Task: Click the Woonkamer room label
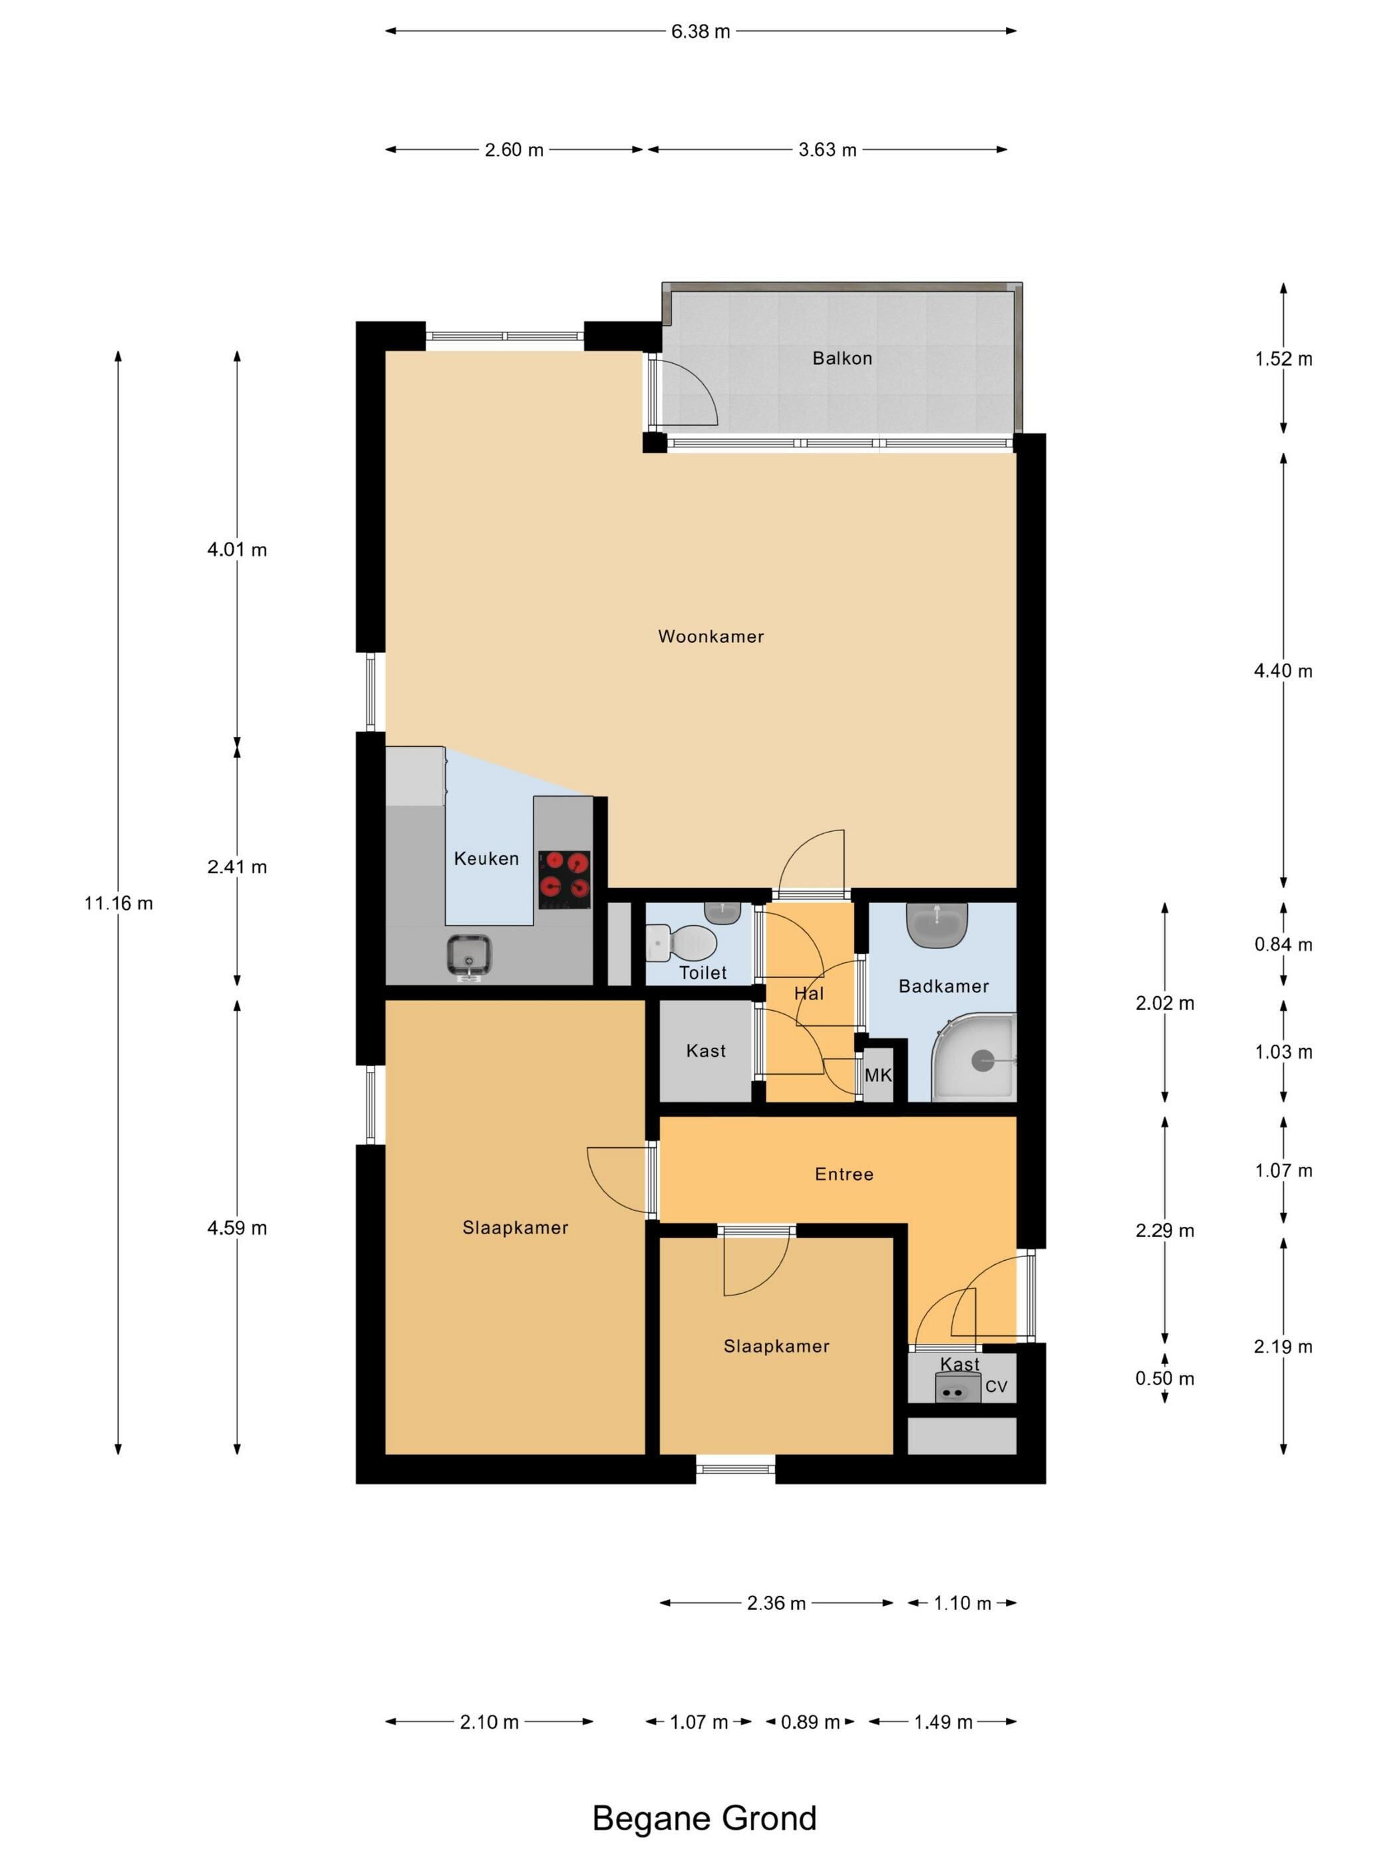pyautogui.click(x=710, y=636)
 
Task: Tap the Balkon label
pyautogui.click(x=842, y=358)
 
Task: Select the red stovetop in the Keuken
pyautogui.click(x=564, y=879)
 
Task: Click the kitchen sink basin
pyautogui.click(x=470, y=957)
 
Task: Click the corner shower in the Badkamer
pyautogui.click(x=975, y=1057)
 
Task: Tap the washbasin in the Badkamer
pyautogui.click(x=937, y=924)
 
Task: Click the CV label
pyautogui.click(x=996, y=1387)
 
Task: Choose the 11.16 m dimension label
pyautogui.click(x=118, y=903)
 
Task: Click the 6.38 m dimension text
pyautogui.click(x=700, y=32)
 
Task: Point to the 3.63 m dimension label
pyautogui.click(x=828, y=150)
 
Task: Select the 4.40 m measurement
pyautogui.click(x=1283, y=671)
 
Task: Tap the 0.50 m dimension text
pyautogui.click(x=1165, y=1378)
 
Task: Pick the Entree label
pyautogui.click(x=844, y=1174)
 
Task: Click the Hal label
pyautogui.click(x=809, y=994)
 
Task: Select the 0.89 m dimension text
pyautogui.click(x=810, y=1722)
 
